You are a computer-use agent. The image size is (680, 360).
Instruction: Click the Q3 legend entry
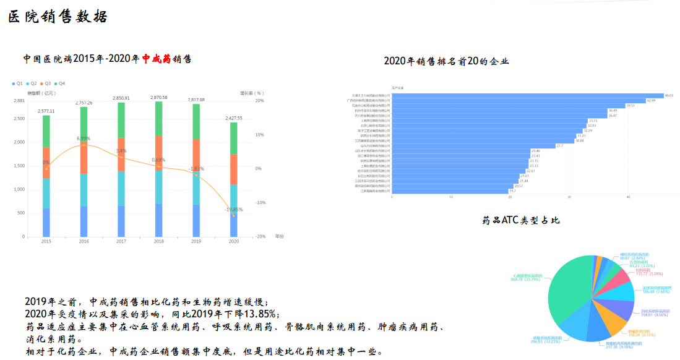coord(46,83)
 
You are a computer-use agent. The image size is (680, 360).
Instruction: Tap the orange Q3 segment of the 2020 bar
coord(233,169)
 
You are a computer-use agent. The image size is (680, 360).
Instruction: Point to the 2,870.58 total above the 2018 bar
coord(158,98)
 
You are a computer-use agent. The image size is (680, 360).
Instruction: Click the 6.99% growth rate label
coord(84,139)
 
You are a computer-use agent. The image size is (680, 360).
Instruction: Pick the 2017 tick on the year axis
coord(121,241)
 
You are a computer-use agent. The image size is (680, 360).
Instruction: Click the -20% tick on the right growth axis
coord(260,237)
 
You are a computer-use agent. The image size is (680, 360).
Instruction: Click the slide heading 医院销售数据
coord(58,17)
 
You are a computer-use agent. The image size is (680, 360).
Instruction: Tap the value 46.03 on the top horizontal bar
coord(668,95)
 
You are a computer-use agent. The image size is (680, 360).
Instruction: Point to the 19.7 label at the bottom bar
coord(512,191)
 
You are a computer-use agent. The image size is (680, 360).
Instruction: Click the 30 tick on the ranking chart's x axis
coord(569,197)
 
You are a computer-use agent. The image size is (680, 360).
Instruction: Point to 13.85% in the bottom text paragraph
coord(258,314)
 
